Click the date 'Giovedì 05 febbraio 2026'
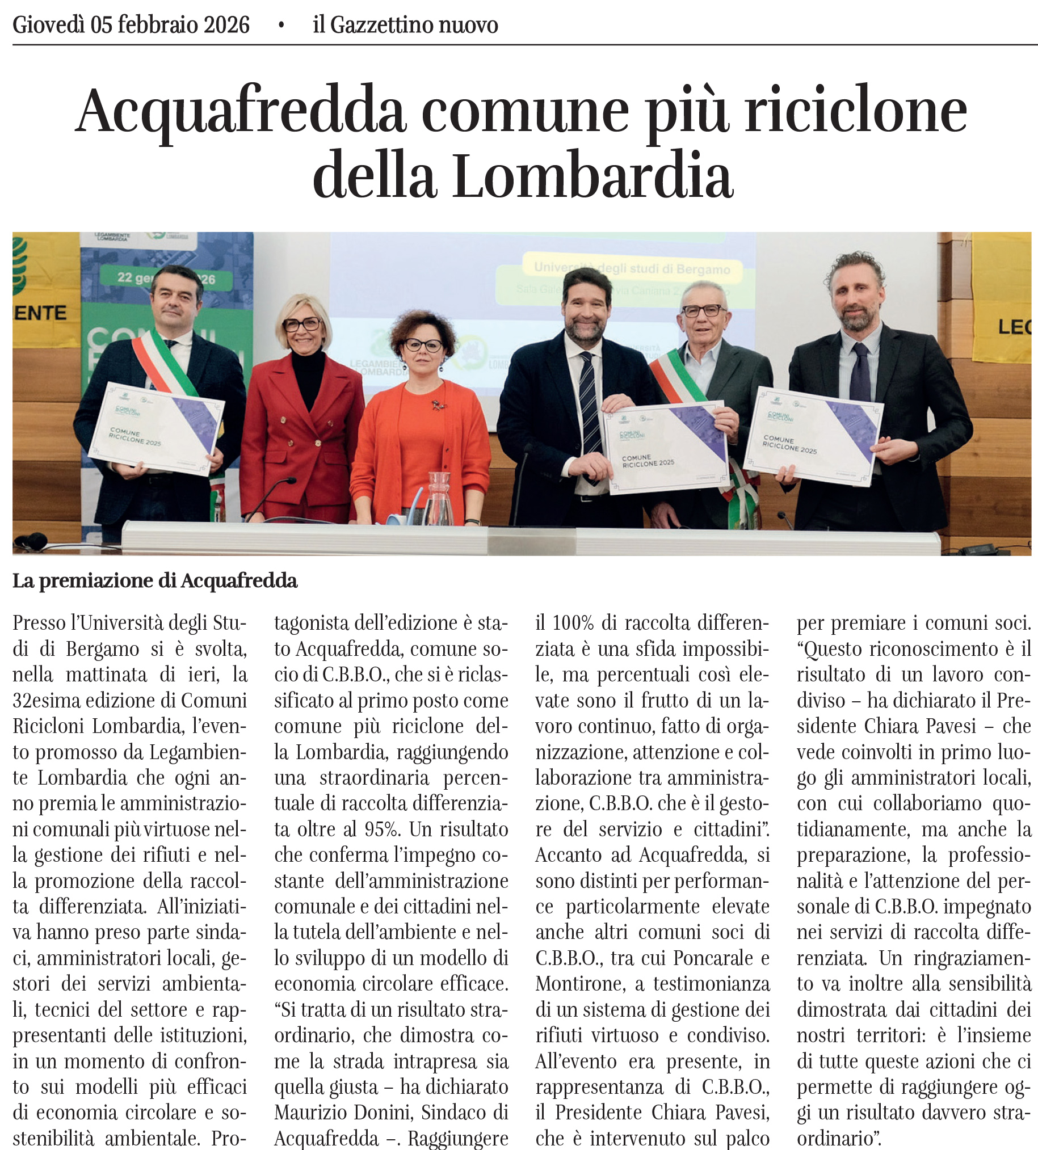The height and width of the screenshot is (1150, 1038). pos(131,25)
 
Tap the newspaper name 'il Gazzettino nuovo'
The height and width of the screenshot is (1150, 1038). pos(405,25)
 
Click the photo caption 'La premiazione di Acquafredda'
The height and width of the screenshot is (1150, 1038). pos(154,581)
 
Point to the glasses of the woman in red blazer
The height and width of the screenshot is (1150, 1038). pos(302,324)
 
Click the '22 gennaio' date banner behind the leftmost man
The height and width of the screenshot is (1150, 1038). pos(165,279)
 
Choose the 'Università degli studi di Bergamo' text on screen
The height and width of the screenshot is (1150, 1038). pos(631,267)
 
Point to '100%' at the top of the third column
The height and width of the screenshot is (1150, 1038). pos(573,622)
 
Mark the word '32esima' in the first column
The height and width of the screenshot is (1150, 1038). pos(47,700)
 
